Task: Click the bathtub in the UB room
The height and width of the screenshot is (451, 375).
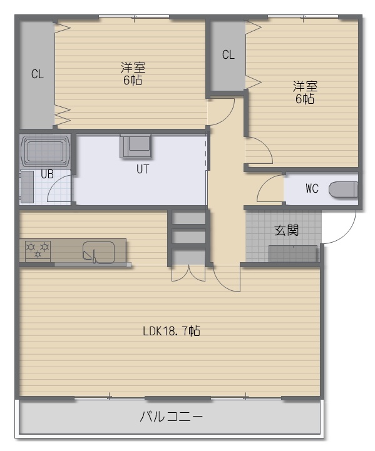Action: (45, 151)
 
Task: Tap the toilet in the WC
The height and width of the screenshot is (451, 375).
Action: (343, 190)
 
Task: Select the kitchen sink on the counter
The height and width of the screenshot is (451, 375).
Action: (98, 252)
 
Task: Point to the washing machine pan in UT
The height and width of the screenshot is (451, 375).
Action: (136, 146)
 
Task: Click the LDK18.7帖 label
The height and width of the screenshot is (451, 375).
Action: (172, 331)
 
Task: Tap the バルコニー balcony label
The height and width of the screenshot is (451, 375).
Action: (172, 416)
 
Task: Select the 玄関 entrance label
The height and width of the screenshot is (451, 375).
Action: (286, 230)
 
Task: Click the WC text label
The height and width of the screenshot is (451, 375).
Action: (312, 189)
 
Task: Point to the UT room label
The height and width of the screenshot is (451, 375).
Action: (143, 169)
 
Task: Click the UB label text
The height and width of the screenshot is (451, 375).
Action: (47, 174)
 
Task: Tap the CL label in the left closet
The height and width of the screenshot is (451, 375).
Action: (38, 74)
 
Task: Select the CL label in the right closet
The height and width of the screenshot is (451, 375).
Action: (229, 54)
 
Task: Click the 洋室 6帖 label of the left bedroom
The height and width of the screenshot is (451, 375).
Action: (133, 74)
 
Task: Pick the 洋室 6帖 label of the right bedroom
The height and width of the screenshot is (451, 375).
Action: (305, 93)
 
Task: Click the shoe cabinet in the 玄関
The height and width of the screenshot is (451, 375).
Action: (293, 254)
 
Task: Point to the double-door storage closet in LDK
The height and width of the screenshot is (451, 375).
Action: (188, 274)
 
